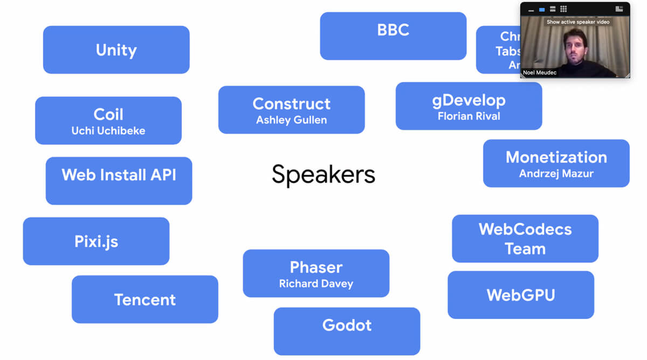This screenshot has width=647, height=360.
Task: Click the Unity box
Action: coord(116,50)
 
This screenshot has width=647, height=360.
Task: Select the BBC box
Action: coord(393,36)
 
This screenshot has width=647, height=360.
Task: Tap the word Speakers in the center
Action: coord(323,175)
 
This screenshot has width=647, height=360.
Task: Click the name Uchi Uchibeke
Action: coord(108,131)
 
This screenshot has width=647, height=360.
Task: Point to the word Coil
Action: coord(108,114)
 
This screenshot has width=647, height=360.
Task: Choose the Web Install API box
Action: coord(119,181)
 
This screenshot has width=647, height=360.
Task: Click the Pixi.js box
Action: coord(96,241)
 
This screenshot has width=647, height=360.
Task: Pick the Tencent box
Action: coord(144,299)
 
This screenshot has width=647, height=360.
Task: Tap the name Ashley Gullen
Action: coord(291,120)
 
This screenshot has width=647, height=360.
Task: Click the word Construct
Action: coord(291,103)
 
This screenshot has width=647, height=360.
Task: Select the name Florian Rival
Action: coord(469,116)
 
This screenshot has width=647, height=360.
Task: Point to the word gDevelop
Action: coord(469,100)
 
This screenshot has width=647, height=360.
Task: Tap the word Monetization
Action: coord(556,157)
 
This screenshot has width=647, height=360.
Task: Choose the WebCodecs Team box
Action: coord(525,239)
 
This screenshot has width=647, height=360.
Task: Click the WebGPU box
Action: coord(520,295)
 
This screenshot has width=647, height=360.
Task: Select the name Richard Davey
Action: coord(316,283)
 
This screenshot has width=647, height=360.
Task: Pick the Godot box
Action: coord(347,326)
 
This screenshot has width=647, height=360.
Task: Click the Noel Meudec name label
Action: coord(540,73)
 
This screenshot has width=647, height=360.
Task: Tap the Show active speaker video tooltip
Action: coord(578,22)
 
